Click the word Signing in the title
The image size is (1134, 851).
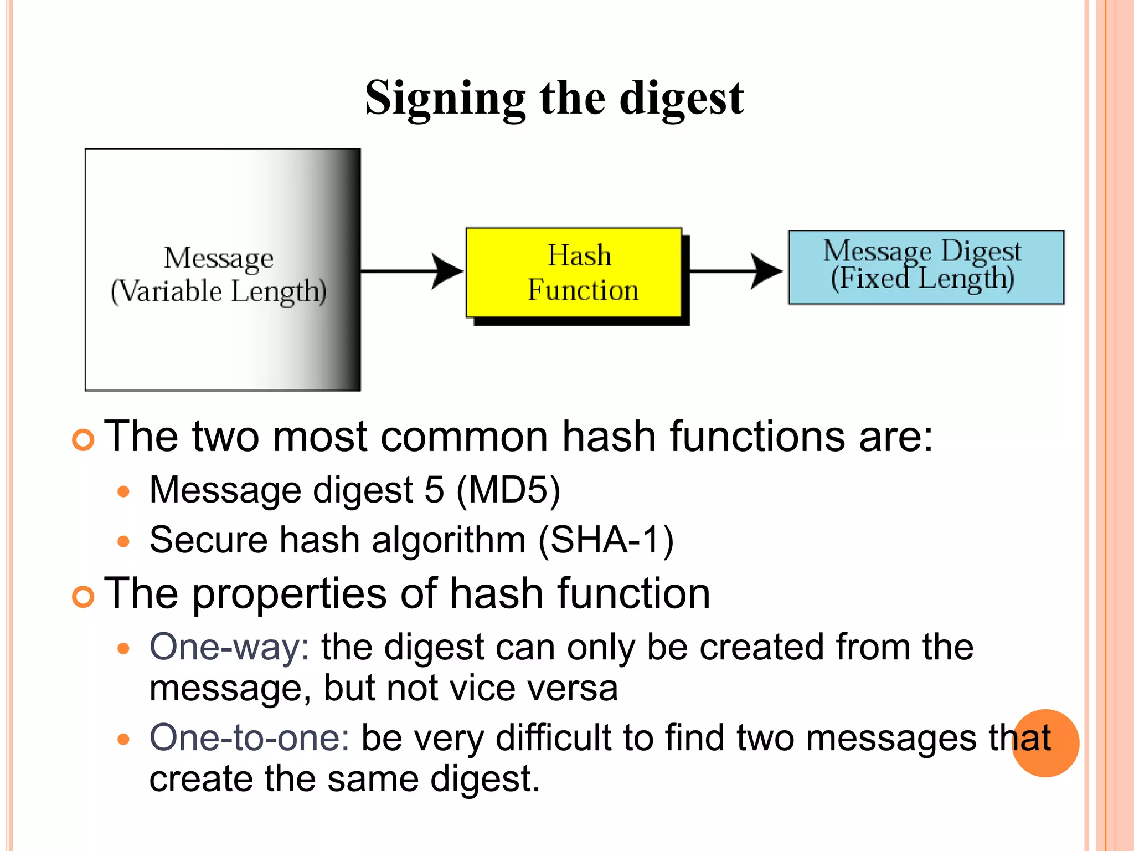445,99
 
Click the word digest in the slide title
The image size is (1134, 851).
682,99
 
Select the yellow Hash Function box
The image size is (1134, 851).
574,273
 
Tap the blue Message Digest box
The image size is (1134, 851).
926,267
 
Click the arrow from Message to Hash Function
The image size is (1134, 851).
413,271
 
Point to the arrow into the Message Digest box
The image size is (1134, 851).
736,271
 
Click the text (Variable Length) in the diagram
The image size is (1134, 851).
219,291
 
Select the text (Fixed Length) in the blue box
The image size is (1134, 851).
922,279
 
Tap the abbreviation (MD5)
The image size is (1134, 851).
508,490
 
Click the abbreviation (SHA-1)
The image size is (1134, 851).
606,540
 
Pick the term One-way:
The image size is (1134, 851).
229,647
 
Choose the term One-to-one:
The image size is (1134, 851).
249,738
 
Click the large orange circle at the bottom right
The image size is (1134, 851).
1045,744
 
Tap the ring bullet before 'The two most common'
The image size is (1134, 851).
84,440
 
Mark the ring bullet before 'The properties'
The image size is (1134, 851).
84,597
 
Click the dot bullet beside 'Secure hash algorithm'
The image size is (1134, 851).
123,541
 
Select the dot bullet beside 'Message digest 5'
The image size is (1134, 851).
123,491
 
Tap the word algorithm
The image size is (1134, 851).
449,540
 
